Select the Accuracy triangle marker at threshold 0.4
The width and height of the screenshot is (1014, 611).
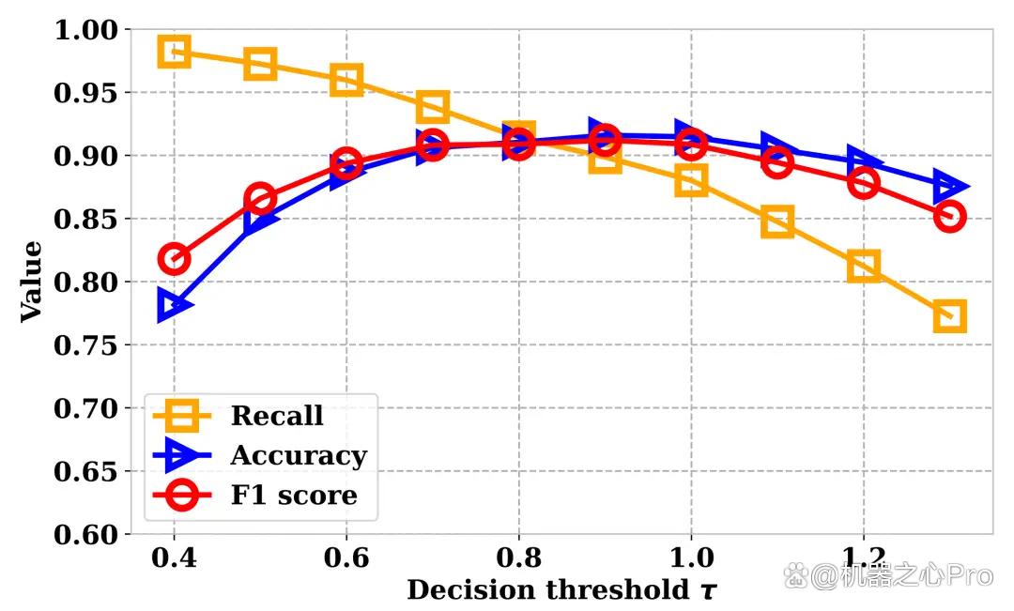pyautogui.click(x=160, y=305)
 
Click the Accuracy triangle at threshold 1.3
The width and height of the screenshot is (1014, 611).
pyautogui.click(x=938, y=186)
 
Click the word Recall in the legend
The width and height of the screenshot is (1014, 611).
pyautogui.click(x=277, y=416)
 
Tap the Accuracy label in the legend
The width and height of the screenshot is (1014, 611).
pyautogui.click(x=299, y=456)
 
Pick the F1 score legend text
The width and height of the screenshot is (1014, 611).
pyautogui.click(x=294, y=496)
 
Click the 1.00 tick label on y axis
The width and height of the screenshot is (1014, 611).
pyautogui.click(x=86, y=30)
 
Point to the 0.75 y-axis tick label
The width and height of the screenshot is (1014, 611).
pyautogui.click(x=86, y=345)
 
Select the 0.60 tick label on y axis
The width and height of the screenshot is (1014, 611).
pyautogui.click(x=86, y=535)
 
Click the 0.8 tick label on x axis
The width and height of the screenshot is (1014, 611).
pyautogui.click(x=518, y=558)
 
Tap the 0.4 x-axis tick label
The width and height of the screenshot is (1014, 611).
pyautogui.click(x=174, y=558)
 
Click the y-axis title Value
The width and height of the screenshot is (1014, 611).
pyautogui.click(x=31, y=282)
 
